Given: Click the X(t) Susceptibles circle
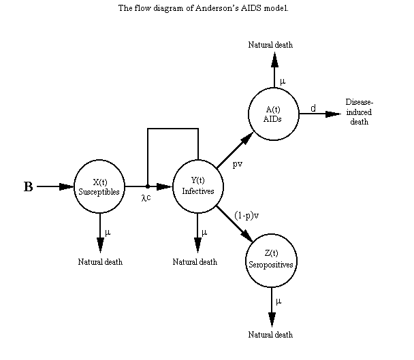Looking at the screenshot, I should click(99, 186).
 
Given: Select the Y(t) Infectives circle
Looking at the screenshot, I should click(197, 186).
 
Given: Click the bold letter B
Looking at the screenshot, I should click(29, 187).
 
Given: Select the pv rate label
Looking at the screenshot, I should click(238, 164).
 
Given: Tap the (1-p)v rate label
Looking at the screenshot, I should click(246, 214).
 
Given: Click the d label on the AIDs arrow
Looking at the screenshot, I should click(313, 108).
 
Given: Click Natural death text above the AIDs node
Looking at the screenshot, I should click(270, 45).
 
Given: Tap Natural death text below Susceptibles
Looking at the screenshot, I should click(100, 261).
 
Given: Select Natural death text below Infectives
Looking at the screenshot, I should click(195, 261).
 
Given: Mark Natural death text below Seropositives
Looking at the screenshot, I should click(270, 334).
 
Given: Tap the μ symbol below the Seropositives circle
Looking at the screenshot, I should click(278, 300).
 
